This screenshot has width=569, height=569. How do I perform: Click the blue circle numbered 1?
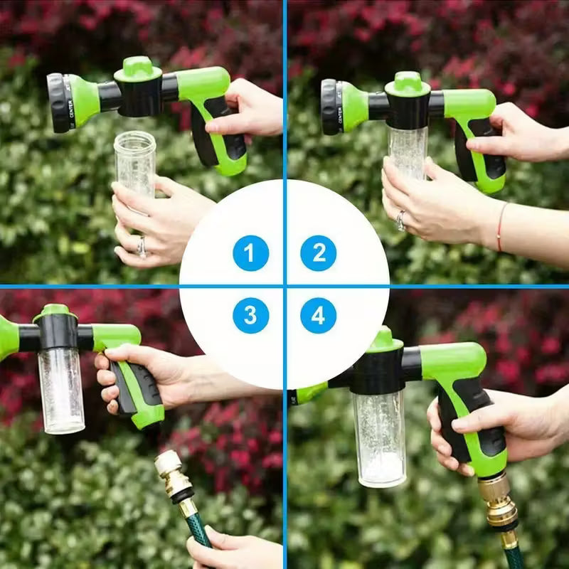click(x=250, y=253)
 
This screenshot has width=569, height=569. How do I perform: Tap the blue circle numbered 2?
click(x=318, y=253)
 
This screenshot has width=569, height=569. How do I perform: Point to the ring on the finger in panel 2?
click(x=401, y=220)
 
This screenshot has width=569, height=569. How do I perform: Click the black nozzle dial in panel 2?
click(x=330, y=107)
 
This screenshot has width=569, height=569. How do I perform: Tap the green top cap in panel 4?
click(x=384, y=341)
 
